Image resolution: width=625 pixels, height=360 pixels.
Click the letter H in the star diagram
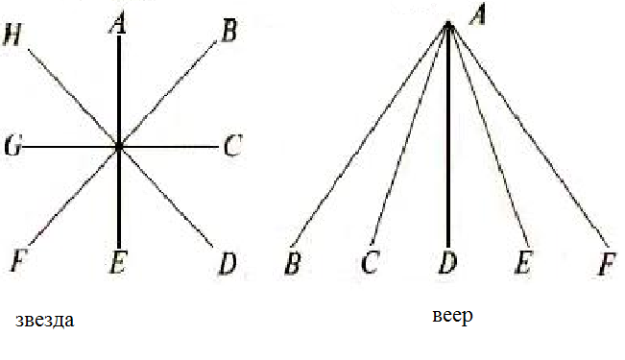click(12, 35)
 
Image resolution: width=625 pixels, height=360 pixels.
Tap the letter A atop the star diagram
click(118, 24)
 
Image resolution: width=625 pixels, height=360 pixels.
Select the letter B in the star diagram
click(228, 31)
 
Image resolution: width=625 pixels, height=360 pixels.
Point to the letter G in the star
click(12, 146)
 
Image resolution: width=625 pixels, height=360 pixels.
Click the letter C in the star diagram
click(232, 146)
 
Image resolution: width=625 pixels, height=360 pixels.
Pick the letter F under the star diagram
click(17, 261)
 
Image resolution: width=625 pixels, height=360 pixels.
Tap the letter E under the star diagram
click(118, 263)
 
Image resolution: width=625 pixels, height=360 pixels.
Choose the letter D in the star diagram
click(228, 264)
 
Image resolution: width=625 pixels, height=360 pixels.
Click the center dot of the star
click(119, 147)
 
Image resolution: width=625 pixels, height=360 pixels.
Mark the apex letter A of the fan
click(477, 16)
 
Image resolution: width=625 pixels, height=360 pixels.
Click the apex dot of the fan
click(448, 26)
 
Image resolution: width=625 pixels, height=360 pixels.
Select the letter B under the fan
click(292, 263)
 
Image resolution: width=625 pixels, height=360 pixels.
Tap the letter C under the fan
click(370, 262)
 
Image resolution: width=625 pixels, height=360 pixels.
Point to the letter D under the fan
click(447, 262)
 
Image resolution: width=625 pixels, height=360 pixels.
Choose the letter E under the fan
click(524, 262)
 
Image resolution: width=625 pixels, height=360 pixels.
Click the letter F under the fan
click(607, 264)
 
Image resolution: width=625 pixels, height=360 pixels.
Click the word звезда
click(44, 320)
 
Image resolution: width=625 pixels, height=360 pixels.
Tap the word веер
click(453, 316)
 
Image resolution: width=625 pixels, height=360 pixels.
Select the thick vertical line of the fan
click(448, 136)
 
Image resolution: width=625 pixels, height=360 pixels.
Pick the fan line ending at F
click(528, 134)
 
